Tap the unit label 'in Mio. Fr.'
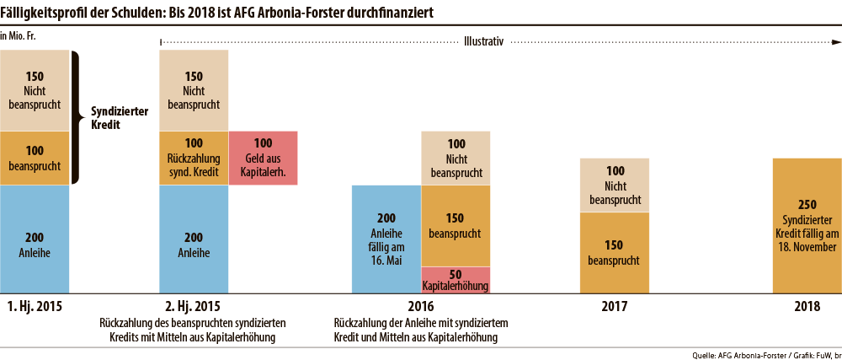point(19,36)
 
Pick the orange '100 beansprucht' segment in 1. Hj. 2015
point(35,158)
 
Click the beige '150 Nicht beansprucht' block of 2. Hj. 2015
point(194,90)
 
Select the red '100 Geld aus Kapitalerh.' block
point(263,158)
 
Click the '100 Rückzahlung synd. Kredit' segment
point(194,158)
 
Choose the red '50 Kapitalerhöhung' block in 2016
point(455,280)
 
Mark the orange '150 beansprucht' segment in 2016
point(455,225)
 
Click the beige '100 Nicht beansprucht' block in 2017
point(615,185)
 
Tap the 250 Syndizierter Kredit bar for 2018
point(807,225)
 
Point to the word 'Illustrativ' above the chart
point(483,39)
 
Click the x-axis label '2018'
point(807,307)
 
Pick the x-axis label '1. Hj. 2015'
point(35,307)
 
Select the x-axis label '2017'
point(615,307)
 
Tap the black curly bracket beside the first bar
point(76,117)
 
